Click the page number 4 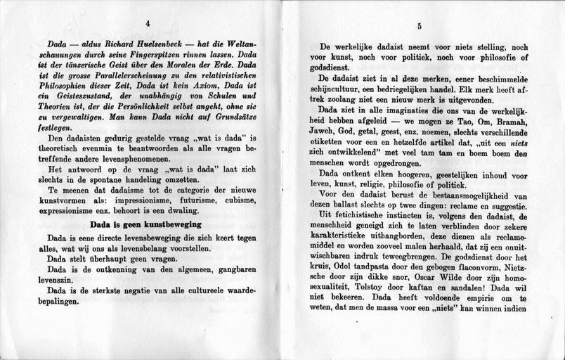point(148,24)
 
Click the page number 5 point(419,27)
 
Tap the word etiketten point(331,160)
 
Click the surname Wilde point(453,287)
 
